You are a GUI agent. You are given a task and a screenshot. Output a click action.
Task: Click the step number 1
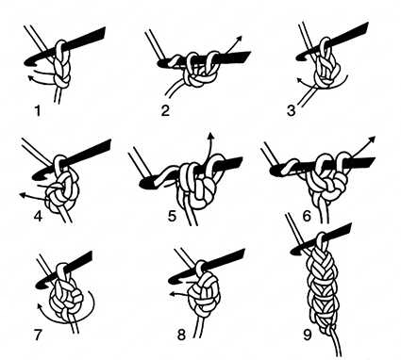[x=38, y=111]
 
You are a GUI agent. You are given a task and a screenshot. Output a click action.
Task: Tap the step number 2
[x=165, y=110]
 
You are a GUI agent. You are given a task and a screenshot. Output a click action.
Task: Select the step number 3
[x=292, y=111]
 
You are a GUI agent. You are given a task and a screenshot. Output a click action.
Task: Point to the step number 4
[x=38, y=216]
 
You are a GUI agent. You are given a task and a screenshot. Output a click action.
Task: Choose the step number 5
[x=172, y=216]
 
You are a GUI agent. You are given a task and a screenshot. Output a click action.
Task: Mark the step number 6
[x=307, y=216]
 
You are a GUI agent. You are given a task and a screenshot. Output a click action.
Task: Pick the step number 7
[x=38, y=335]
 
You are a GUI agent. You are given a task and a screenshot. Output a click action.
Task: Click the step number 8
[x=181, y=335]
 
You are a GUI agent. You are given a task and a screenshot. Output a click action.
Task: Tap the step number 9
[x=307, y=335]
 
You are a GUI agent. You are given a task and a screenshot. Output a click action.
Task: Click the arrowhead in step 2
[x=239, y=39]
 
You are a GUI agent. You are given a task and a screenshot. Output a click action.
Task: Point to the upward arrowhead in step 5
[x=210, y=136]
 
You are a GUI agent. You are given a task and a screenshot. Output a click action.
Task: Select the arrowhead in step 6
[x=372, y=139]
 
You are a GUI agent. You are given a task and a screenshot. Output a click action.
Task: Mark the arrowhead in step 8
[x=173, y=294]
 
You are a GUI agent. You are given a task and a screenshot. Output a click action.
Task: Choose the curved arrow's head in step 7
[x=40, y=306]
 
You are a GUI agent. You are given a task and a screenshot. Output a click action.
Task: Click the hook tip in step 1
[x=26, y=62]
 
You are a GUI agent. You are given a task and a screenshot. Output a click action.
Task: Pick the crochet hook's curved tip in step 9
[x=295, y=250]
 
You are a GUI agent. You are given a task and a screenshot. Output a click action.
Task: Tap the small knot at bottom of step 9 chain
[x=328, y=330]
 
